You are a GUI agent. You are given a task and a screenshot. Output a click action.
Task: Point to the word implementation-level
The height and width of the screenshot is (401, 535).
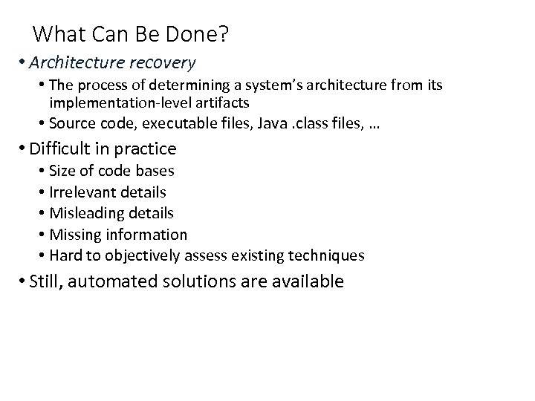[x=120, y=102]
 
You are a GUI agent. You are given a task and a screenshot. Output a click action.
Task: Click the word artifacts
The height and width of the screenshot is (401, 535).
[x=222, y=102]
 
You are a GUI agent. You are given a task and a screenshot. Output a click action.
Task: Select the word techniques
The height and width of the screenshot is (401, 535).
[x=330, y=256]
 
